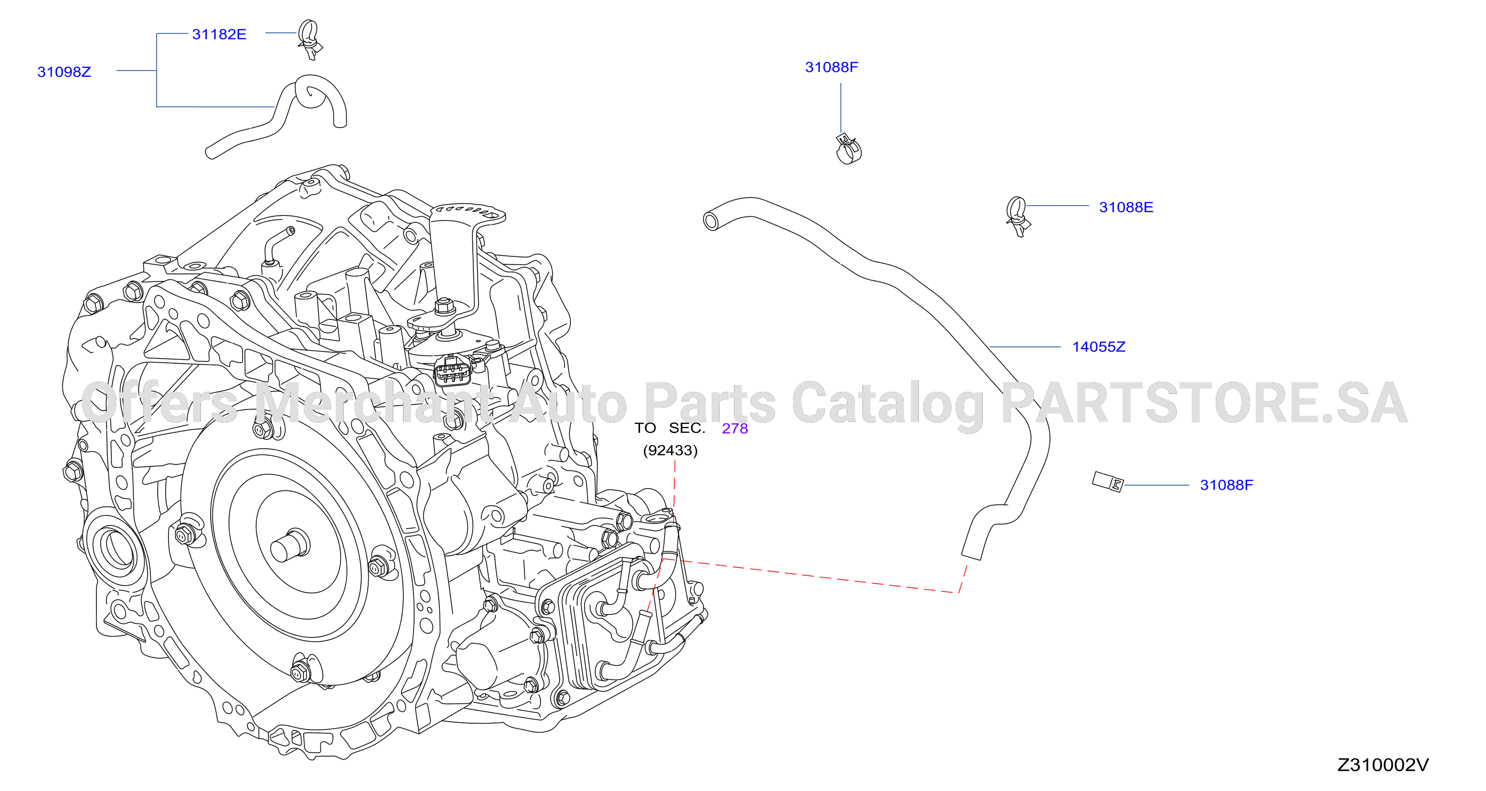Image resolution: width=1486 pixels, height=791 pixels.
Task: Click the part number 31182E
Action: pyautogui.click(x=219, y=35)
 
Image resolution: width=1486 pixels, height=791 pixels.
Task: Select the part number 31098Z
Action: pyautogui.click(x=64, y=72)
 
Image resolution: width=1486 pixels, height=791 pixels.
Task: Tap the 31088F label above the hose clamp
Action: pyautogui.click(x=831, y=68)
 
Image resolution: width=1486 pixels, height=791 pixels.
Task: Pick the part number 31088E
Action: pyautogui.click(x=1126, y=207)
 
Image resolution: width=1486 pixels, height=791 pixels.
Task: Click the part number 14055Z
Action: pyautogui.click(x=1099, y=347)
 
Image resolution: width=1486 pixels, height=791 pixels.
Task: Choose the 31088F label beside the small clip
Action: pyautogui.click(x=1226, y=485)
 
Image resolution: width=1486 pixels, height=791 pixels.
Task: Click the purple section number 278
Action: pyautogui.click(x=735, y=429)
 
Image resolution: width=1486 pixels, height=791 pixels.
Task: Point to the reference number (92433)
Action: pyautogui.click(x=671, y=450)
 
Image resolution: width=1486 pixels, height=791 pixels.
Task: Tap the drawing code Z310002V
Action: pyautogui.click(x=1383, y=765)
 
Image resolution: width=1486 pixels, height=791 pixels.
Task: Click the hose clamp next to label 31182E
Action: pyautogui.click(x=310, y=39)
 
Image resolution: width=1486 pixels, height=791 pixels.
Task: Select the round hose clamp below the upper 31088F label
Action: pyautogui.click(x=849, y=149)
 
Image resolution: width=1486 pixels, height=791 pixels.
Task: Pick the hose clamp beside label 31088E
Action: pyautogui.click(x=1017, y=216)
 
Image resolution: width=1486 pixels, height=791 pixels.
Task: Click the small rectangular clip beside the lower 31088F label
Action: pyautogui.click(x=1108, y=482)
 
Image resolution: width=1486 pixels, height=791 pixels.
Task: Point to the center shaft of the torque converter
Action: pyautogui.click(x=289, y=545)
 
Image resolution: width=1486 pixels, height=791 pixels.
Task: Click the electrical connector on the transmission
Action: pyautogui.click(x=453, y=371)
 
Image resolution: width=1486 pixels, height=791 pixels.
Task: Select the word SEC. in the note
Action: pyautogui.click(x=687, y=428)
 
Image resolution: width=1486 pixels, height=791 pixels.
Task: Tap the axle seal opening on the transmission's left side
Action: pyautogui.click(x=115, y=546)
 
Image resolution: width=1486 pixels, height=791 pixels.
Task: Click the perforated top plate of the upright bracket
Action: pyautogui.click(x=468, y=213)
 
